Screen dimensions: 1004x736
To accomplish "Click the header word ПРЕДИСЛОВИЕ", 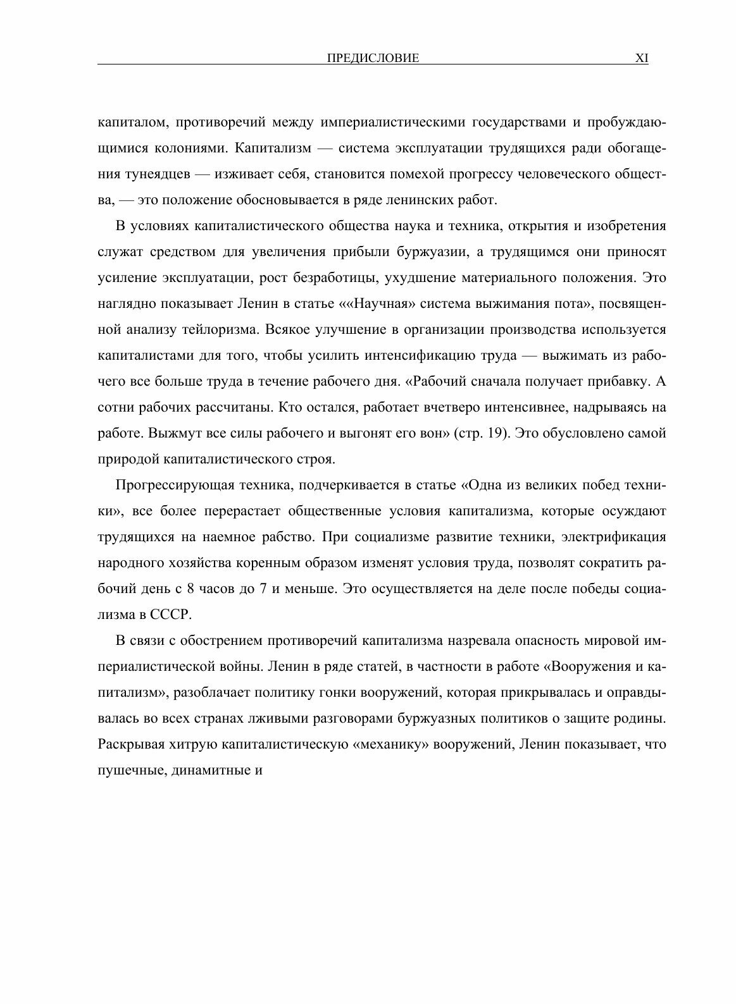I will click(373, 59).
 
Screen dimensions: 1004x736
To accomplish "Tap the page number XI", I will click(642, 59).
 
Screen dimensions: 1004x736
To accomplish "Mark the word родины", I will click(644, 719).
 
